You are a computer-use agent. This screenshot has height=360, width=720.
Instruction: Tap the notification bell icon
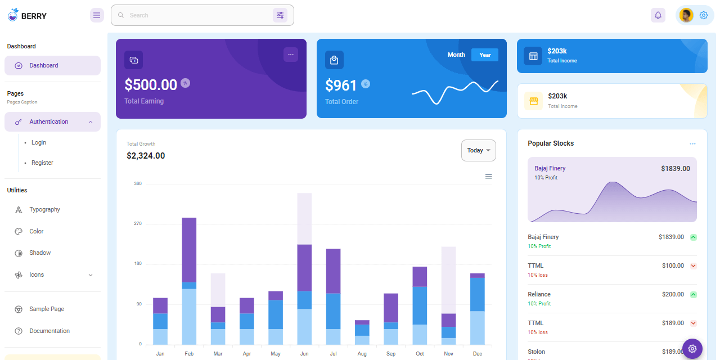click(x=658, y=15)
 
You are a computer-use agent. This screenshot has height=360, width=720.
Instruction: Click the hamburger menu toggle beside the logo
click(x=97, y=15)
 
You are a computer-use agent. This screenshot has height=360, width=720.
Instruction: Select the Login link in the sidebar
click(x=39, y=142)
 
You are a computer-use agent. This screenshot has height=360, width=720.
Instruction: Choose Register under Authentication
click(x=42, y=163)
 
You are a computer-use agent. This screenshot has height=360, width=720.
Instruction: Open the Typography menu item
click(x=44, y=209)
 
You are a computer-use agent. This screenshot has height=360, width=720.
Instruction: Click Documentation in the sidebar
click(x=49, y=331)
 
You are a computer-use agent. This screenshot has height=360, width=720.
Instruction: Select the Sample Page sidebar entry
click(x=47, y=309)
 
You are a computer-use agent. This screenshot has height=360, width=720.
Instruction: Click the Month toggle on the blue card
click(x=456, y=55)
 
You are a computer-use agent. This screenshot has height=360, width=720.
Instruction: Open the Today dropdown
click(x=478, y=150)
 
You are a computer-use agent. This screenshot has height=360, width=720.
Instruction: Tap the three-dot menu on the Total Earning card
click(x=290, y=55)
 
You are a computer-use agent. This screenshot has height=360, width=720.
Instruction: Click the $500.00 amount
click(x=151, y=84)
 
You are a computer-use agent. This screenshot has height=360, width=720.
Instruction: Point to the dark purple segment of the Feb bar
click(x=189, y=249)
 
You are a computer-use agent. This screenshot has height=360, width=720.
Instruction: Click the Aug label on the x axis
click(x=362, y=354)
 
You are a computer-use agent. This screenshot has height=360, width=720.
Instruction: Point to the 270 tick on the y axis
click(x=137, y=224)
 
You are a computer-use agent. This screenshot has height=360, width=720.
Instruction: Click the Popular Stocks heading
click(x=551, y=143)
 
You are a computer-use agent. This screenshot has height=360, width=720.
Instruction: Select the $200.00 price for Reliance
click(x=673, y=294)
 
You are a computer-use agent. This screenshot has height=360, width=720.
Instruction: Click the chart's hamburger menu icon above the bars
click(x=488, y=177)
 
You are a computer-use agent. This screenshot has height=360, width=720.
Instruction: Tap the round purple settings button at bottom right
click(x=692, y=349)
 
